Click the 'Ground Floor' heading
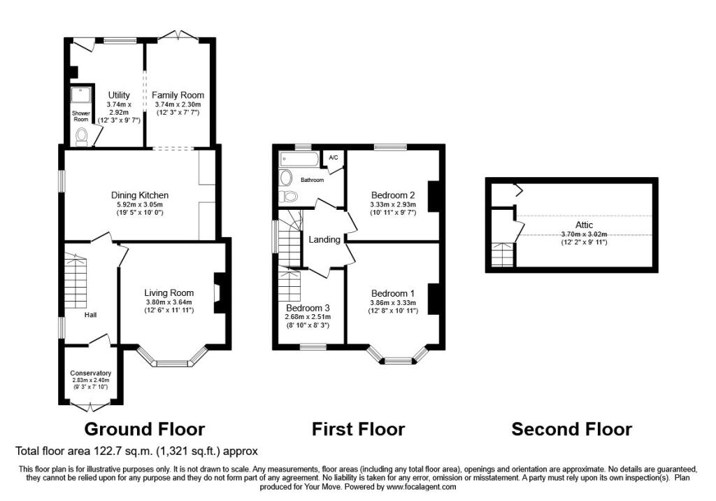(x=145, y=428)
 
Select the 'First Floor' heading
(x=358, y=428)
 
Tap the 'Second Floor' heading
(x=571, y=428)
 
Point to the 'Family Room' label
(x=178, y=95)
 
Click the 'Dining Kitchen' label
(x=140, y=195)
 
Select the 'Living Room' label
(x=169, y=292)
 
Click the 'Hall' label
(x=91, y=315)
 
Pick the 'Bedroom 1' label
(x=392, y=292)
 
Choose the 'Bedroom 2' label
(x=393, y=195)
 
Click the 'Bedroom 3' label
(x=308, y=307)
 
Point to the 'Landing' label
(x=324, y=239)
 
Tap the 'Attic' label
(x=585, y=225)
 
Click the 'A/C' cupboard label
(x=334, y=157)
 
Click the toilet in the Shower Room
(x=82, y=135)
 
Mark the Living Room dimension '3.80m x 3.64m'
(x=169, y=302)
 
